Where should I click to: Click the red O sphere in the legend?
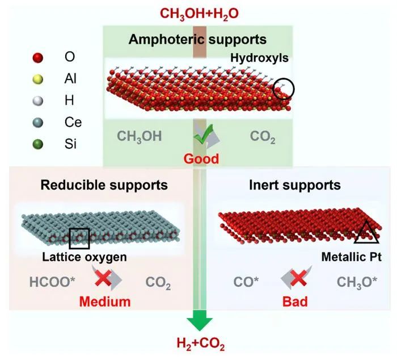coord(38,57)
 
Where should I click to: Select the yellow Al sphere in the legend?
coord(38,79)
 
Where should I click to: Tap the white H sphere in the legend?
coord(38,101)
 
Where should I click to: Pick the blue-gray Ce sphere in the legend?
coord(38,123)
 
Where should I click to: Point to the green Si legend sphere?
coord(38,144)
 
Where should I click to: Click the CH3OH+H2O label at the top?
coord(199,14)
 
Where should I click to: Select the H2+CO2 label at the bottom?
coord(201,344)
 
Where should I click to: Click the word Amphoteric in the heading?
coord(166,40)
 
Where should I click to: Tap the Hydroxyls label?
coord(259,58)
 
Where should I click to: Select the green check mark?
coord(203,135)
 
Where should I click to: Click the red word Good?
coord(201,159)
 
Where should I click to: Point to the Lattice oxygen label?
coord(85,257)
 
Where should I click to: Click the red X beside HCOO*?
coord(103,278)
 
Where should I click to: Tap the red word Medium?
coord(105,302)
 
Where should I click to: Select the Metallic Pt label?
coord(352,257)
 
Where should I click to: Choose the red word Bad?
coord(295,302)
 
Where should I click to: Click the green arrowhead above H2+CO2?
coord(200,320)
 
